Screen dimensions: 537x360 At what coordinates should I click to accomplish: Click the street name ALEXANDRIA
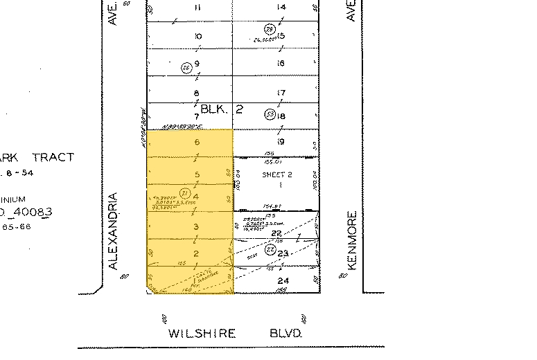[114, 230]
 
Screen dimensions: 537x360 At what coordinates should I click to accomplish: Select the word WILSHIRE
[202, 333]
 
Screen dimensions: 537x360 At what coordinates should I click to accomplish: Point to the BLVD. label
[285, 333]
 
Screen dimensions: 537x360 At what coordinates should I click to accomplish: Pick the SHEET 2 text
[276, 175]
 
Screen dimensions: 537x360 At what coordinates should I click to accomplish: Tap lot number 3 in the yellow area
[196, 227]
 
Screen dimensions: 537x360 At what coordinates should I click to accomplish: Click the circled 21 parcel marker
[184, 193]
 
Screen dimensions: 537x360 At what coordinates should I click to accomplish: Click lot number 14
[281, 8]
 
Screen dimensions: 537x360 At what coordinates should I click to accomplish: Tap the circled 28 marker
[270, 28]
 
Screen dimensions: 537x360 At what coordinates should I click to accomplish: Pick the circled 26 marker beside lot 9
[185, 67]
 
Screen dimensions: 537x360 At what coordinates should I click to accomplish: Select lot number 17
[281, 93]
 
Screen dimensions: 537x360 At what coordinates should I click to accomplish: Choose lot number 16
[281, 64]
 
